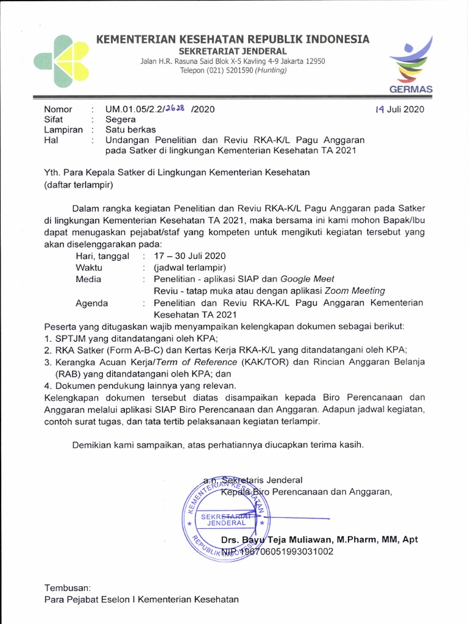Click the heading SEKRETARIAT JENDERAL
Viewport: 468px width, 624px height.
point(232,51)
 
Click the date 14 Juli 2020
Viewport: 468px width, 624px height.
point(400,110)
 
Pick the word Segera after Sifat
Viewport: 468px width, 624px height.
point(121,119)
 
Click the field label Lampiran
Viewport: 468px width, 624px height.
point(63,129)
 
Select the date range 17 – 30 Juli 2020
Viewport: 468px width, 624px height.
point(190,256)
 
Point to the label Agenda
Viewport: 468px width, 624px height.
point(91,303)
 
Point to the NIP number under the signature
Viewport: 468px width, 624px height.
point(278,552)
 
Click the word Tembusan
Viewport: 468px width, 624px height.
point(67,588)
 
